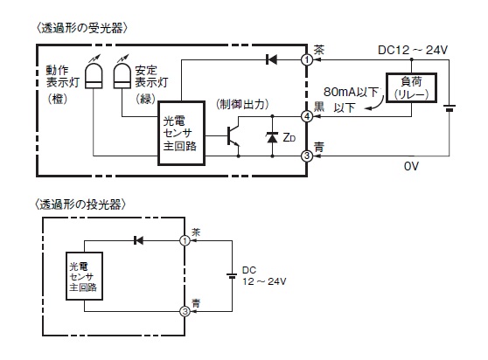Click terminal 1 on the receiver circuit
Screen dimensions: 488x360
[307, 59]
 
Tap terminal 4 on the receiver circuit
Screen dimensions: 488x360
[307, 116]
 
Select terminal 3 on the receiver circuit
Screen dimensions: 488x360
[307, 156]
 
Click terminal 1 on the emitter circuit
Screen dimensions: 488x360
[185, 240]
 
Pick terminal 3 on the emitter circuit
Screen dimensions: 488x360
[185, 311]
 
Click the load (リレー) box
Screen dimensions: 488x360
[411, 88]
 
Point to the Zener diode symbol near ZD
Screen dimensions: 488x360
[272, 137]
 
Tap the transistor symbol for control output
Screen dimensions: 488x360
[234, 136]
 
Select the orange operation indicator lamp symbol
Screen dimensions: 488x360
[94, 76]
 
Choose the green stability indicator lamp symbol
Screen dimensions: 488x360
[122, 76]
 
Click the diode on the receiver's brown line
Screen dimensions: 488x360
[271, 59]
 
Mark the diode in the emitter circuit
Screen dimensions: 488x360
[138, 240]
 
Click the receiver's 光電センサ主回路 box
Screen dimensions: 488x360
[181, 133]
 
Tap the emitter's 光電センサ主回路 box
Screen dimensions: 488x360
[84, 276]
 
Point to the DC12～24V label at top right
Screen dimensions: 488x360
[413, 50]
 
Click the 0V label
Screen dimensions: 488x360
[411, 166]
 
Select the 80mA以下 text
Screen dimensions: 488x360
[351, 92]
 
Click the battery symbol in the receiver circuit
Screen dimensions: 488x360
[450, 108]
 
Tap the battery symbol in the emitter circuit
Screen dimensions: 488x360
[232, 276]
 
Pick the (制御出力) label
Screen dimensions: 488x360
[242, 105]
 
